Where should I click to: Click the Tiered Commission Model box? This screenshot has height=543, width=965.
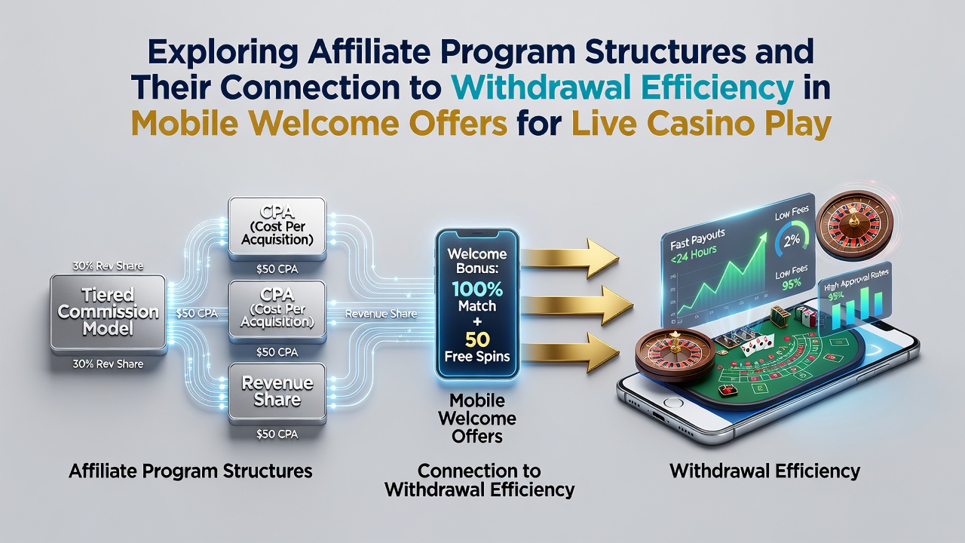coord(108,312)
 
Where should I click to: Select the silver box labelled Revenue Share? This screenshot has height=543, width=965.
coord(277,391)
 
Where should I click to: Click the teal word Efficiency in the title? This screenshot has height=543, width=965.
coord(710,87)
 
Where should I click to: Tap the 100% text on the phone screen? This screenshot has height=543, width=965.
coord(477,289)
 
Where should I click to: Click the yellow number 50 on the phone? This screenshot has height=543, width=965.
coord(477,340)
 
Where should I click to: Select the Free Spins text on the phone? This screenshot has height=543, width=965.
coord(477,357)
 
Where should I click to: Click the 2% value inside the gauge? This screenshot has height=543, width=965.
coord(792,240)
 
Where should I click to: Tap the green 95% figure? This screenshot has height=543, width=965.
coord(792,283)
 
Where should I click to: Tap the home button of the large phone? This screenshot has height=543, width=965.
coord(674,403)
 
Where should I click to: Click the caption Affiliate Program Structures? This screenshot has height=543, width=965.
coord(191,471)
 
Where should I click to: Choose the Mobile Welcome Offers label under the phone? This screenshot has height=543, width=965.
coord(477,419)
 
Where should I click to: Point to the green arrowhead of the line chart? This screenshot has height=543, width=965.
coord(762,238)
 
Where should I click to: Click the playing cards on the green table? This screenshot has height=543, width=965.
coord(757,345)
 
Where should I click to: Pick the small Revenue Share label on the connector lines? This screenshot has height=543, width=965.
coord(381,314)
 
